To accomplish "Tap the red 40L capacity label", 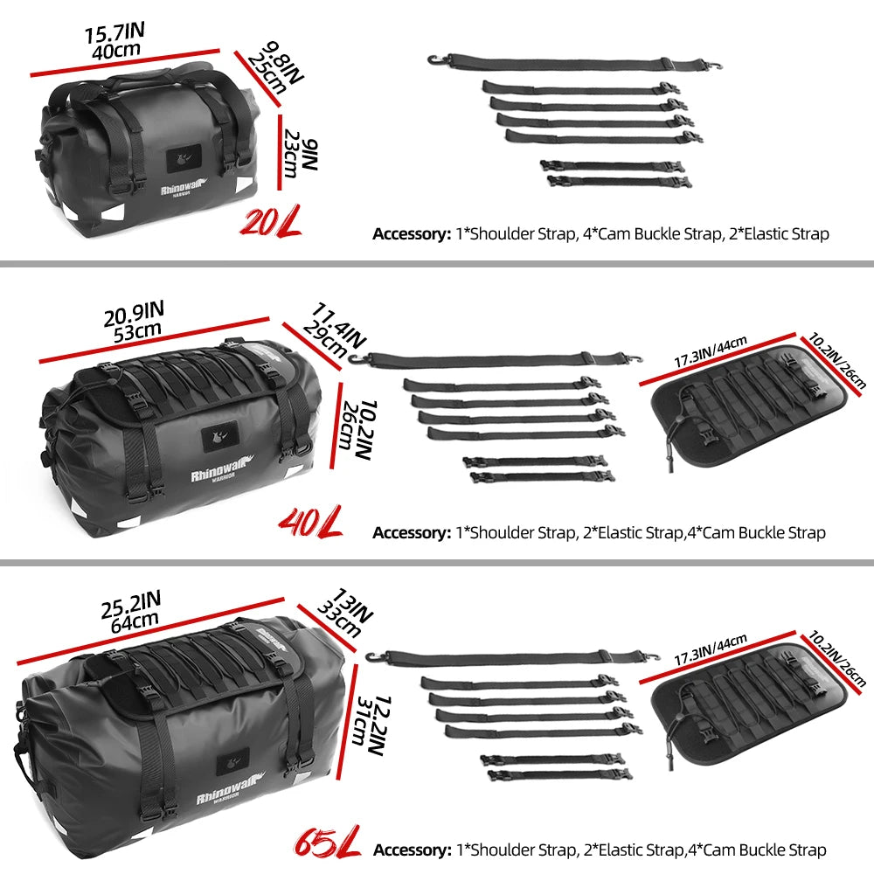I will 309,524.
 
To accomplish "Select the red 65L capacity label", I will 325,846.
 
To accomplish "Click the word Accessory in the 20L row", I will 410,233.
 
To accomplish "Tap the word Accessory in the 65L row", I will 410,849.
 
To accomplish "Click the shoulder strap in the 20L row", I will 567,64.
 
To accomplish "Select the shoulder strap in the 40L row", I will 489,357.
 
